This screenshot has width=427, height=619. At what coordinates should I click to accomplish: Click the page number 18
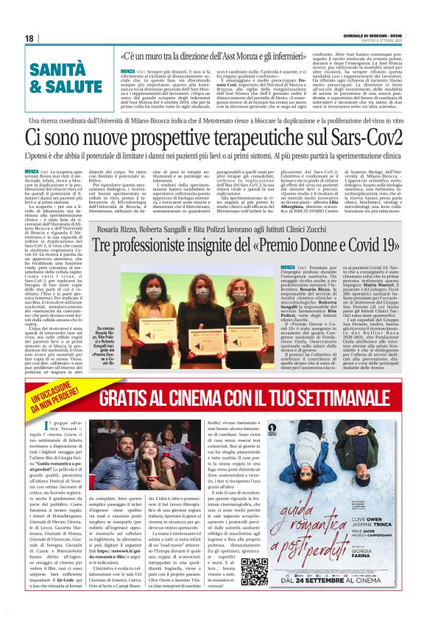[x=29, y=37]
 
